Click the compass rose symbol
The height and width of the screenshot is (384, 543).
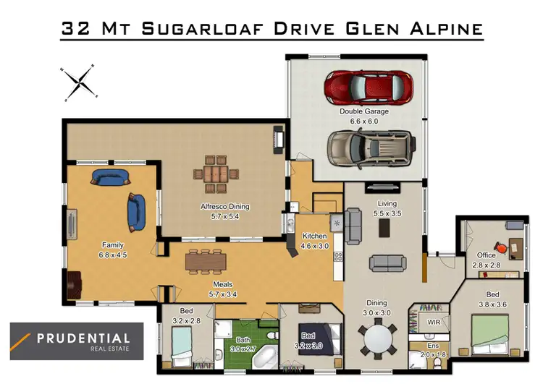click(79, 82)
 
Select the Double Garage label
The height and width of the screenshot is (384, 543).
click(364, 112)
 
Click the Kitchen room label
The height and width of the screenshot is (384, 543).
click(315, 236)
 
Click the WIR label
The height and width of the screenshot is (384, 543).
click(434, 321)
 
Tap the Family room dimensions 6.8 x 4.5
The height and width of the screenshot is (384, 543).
click(113, 255)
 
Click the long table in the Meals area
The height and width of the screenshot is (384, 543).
click(206, 260)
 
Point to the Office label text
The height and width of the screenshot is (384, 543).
click(486, 255)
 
